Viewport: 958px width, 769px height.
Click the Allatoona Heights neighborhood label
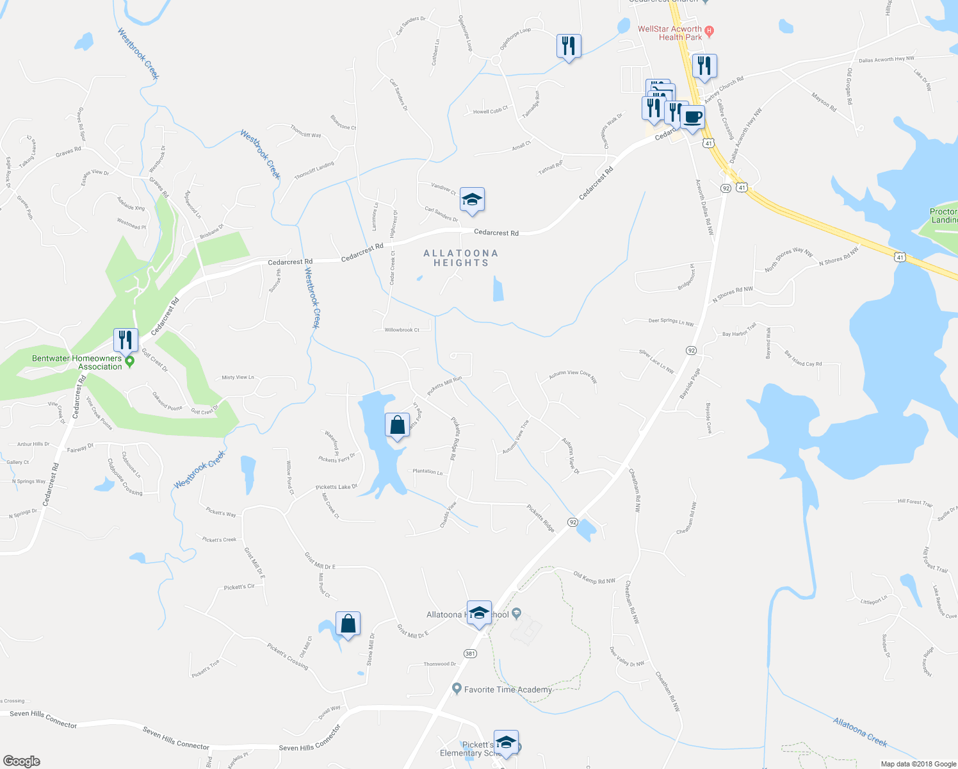(460, 258)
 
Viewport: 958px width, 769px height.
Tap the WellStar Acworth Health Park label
(670, 33)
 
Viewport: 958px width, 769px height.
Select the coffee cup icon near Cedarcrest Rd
(692, 118)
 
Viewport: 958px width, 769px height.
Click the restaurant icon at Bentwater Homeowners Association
(126, 340)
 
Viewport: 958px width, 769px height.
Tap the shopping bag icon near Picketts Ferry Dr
(397, 426)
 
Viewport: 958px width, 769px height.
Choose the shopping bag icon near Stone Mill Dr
(348, 624)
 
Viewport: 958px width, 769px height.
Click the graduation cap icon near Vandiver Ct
(472, 199)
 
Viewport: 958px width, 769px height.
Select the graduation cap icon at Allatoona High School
(479, 613)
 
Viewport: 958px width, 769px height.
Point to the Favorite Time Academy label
(508, 690)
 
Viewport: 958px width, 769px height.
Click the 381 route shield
(470, 653)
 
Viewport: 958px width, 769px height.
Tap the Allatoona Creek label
(860, 732)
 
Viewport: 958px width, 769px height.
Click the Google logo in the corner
(22, 761)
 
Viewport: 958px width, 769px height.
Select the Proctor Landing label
(944, 215)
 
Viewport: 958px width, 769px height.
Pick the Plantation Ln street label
(428, 472)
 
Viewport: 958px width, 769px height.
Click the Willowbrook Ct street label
(402, 330)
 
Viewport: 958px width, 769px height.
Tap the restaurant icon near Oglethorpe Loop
(568, 46)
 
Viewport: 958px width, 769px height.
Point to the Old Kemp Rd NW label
(594, 578)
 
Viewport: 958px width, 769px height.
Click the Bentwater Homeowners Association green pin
(130, 362)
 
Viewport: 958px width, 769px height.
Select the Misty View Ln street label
(238, 377)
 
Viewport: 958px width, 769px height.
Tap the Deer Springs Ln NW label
(671, 321)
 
